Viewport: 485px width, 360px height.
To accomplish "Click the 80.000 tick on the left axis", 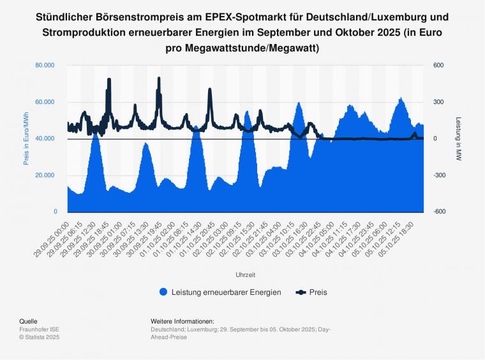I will pyautogui.click(x=45, y=65).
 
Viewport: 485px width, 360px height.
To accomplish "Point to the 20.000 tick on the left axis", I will pyautogui.click(x=45, y=176).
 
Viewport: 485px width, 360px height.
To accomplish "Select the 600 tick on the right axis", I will pyautogui.click(x=438, y=65).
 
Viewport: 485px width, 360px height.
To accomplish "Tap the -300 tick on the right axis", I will pyautogui.click(x=440, y=176).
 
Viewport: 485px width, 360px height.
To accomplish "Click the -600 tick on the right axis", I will pyautogui.click(x=440, y=212).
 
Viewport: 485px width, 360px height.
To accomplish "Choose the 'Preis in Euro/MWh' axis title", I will pyautogui.click(x=26, y=139).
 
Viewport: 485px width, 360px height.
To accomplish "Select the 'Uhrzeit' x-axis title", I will pyautogui.click(x=245, y=274).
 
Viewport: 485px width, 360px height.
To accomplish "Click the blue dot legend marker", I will pyautogui.click(x=163, y=292).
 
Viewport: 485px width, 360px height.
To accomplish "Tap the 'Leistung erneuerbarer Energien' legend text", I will pyautogui.click(x=226, y=292).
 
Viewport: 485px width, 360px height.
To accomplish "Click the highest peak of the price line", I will pyautogui.click(x=109, y=79).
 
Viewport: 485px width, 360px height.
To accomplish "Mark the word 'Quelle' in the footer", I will pyautogui.click(x=28, y=321).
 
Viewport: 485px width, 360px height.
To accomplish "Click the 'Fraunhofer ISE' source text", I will pyautogui.click(x=39, y=329).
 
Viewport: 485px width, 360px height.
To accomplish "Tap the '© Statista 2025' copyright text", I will pyautogui.click(x=39, y=336).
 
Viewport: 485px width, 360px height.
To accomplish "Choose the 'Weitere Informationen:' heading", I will pyautogui.click(x=183, y=321).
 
